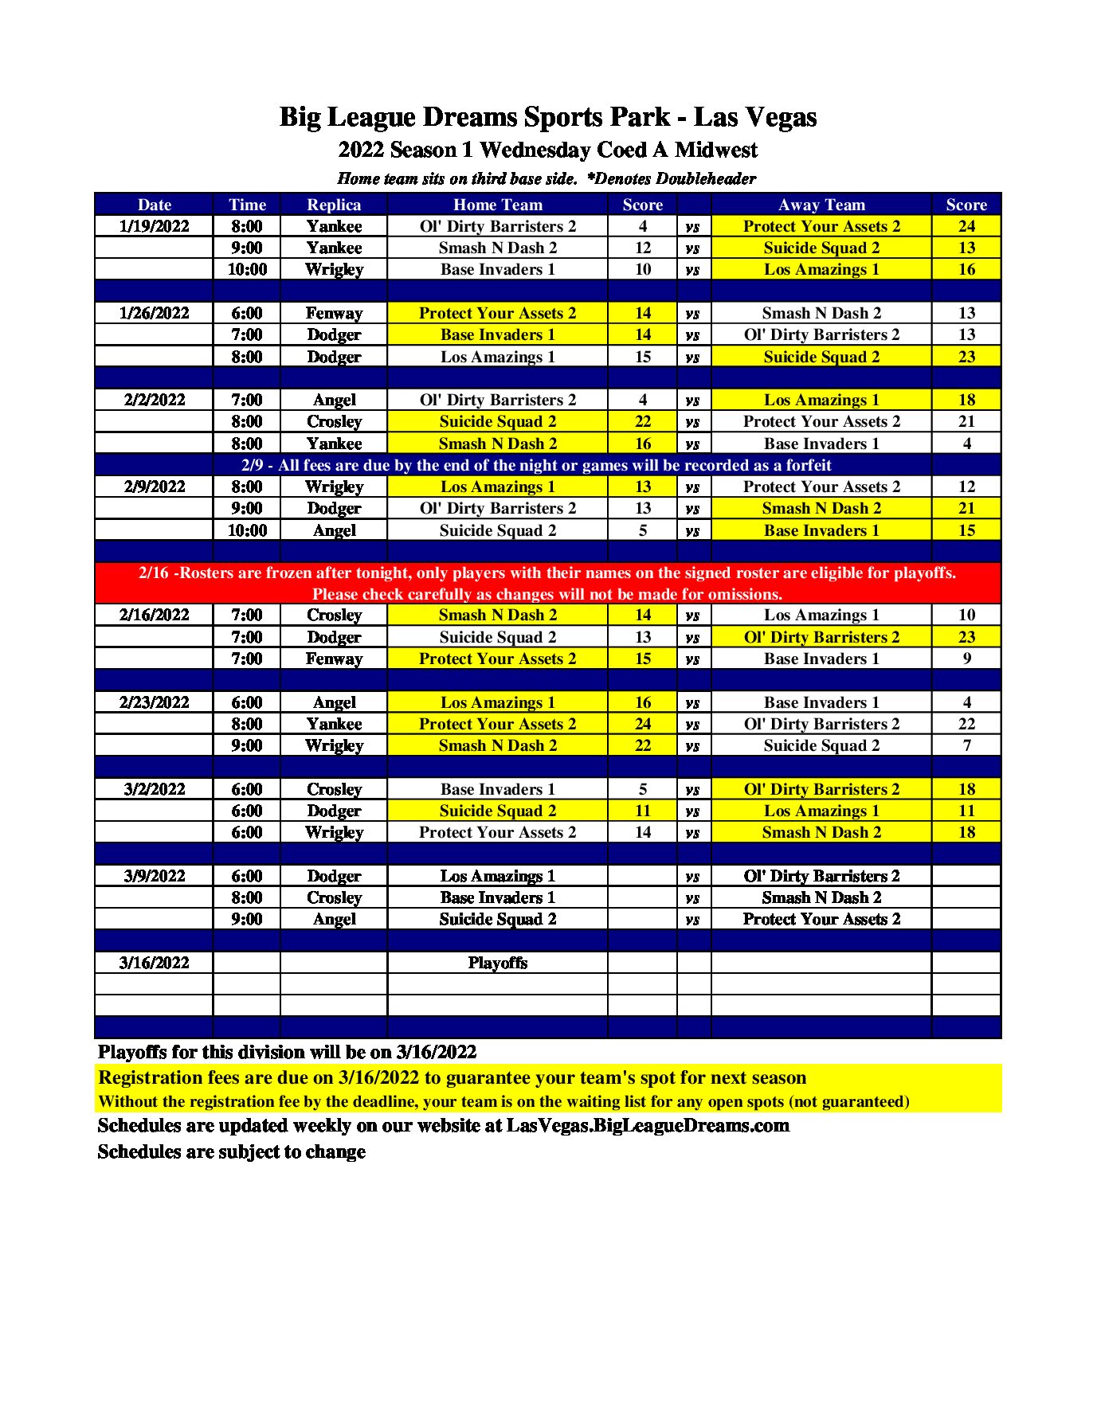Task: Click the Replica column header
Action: tap(334, 205)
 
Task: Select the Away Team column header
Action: tap(821, 205)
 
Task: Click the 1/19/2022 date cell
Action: tap(154, 226)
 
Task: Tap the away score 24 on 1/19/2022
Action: tap(966, 226)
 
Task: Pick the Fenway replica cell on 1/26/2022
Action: tap(334, 313)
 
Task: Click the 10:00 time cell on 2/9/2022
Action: tap(247, 530)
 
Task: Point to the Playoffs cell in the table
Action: tap(497, 963)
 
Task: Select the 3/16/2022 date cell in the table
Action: tap(154, 963)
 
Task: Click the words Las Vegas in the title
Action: tap(754, 117)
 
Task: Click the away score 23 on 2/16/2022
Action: tap(966, 637)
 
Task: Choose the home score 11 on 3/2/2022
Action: tap(642, 811)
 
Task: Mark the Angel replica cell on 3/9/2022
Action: tap(334, 919)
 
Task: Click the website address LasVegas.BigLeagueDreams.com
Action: tap(648, 1125)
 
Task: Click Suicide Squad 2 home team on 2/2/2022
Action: tap(497, 421)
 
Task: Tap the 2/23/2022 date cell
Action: tap(154, 702)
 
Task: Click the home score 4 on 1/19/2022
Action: tap(642, 226)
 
